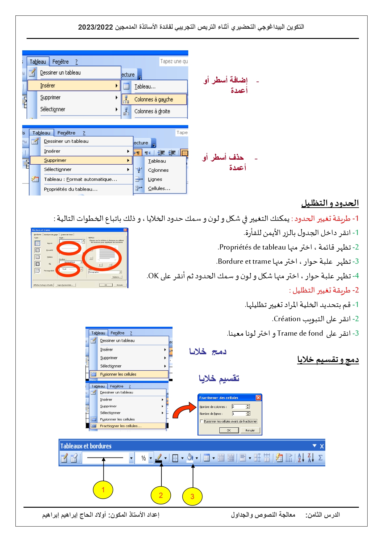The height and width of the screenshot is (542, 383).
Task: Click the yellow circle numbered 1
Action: pos(103,489)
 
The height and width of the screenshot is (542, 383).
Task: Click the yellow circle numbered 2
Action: pos(160,495)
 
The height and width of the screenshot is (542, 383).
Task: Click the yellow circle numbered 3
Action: pos(192,496)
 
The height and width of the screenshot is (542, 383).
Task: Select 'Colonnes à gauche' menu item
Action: pos(154,99)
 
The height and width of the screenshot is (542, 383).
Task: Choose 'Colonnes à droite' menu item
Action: pos(152,111)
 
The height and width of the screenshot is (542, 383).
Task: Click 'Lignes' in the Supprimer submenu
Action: pos(155,179)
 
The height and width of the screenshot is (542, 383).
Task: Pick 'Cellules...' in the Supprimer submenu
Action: pos(159,188)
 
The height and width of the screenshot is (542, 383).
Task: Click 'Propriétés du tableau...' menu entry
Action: pos(71,189)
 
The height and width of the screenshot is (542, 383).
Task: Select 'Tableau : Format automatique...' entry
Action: pos(80,179)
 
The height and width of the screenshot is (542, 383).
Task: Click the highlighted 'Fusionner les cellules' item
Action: pos(118,374)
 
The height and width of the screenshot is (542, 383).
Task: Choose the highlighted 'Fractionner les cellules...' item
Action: pos(120,426)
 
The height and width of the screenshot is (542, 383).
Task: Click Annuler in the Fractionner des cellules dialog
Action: pos(250,430)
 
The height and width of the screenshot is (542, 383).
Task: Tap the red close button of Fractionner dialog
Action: pos(258,398)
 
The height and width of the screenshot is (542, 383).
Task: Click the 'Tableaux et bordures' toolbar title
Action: pos(86,446)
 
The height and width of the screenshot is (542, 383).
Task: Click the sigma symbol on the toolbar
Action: pos(320,458)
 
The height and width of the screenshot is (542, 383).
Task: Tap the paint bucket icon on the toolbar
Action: pos(190,458)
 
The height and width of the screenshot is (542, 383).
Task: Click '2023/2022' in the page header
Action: pos(95,27)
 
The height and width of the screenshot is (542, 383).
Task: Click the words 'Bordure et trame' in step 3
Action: pos(244,262)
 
